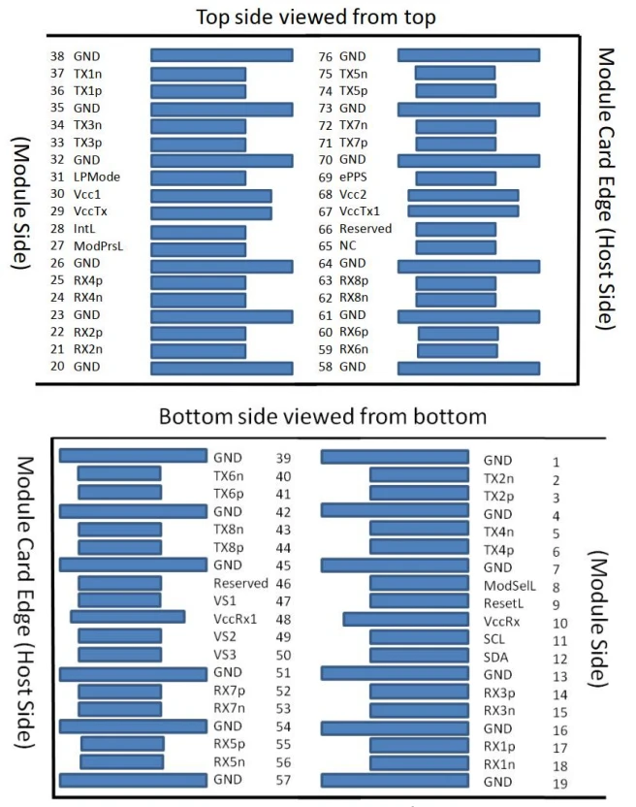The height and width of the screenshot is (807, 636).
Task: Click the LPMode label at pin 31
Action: coord(97,178)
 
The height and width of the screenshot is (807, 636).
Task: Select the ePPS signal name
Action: coord(353,178)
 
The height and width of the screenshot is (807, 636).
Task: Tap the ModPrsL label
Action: coord(98,246)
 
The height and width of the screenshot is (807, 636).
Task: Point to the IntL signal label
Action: coord(84,229)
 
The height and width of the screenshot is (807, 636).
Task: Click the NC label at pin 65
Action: coord(347,246)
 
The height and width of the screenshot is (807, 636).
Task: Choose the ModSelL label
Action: coord(509,586)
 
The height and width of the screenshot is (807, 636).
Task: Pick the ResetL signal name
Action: coord(503,603)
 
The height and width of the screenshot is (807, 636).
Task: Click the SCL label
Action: coord(494,639)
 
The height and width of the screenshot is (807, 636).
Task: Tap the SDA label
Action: coord(495,658)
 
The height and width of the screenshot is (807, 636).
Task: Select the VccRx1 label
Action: coord(235,619)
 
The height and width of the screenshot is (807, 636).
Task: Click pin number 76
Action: coord(325,56)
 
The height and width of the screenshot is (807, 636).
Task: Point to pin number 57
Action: coord(283,780)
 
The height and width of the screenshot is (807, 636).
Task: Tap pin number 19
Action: coord(560,784)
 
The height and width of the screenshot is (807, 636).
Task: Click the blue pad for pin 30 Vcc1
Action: coord(211,196)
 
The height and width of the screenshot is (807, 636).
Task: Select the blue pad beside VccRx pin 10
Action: coord(406,620)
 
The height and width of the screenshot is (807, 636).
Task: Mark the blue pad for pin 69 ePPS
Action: coord(456,178)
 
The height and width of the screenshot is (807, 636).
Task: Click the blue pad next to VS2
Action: coord(119,636)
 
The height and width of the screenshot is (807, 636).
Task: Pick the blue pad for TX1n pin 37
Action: coord(198,75)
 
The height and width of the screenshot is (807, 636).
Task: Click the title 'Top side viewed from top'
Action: coord(316,17)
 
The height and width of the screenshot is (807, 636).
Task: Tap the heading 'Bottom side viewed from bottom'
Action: coord(323,416)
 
